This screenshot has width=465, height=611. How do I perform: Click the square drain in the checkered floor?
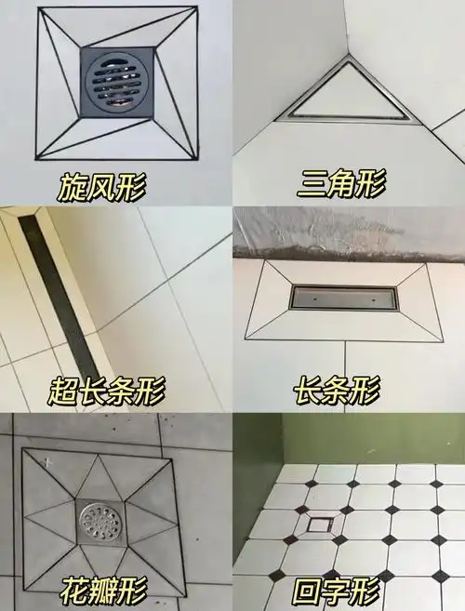pos(318,524)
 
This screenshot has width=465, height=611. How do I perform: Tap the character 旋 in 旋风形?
pos(69,188)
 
